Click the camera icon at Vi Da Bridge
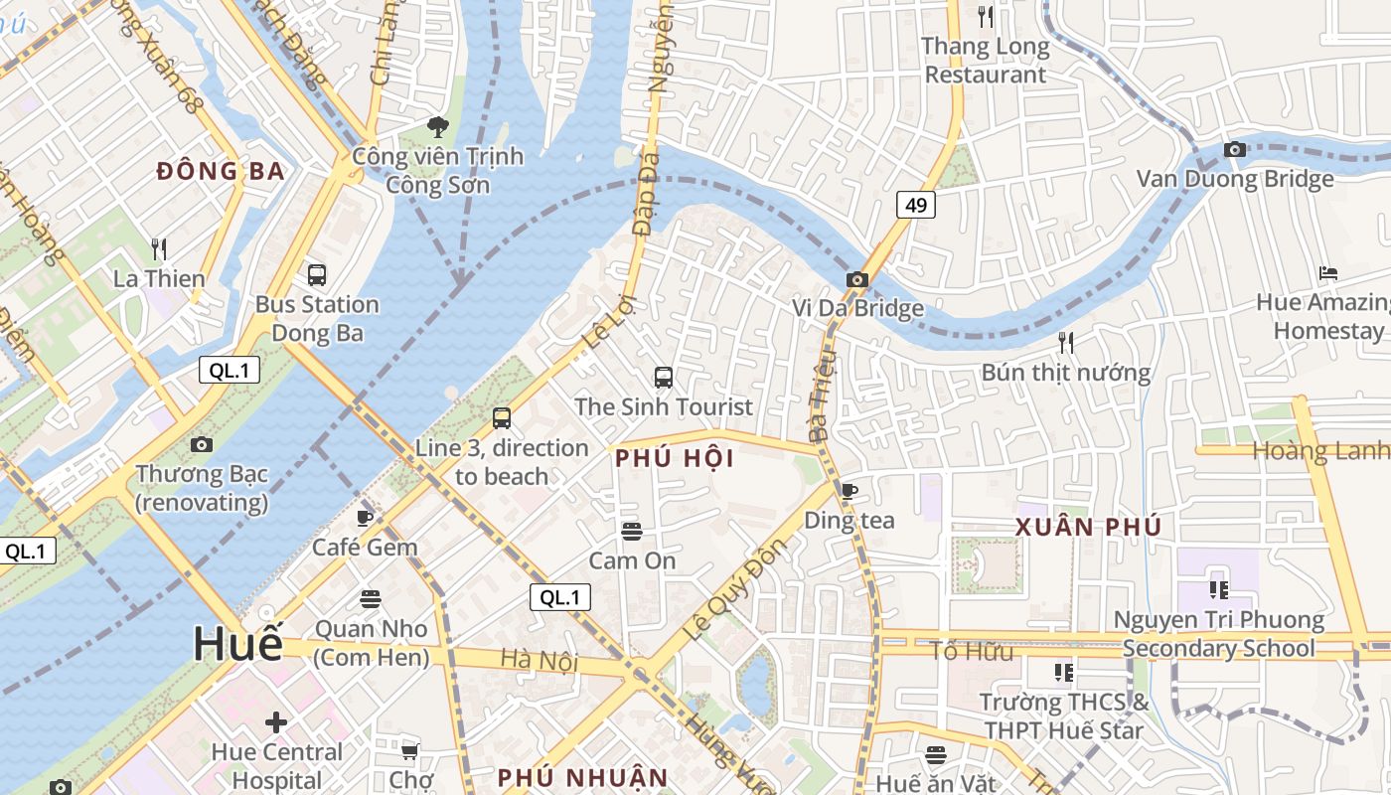[x=856, y=280]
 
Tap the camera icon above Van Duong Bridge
[x=1235, y=150]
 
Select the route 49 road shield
[x=915, y=205]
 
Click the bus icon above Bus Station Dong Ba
[x=317, y=275]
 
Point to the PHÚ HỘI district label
[x=675, y=458]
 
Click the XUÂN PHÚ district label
[x=1088, y=528]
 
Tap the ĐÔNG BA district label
[x=221, y=171]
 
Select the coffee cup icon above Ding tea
[x=849, y=491]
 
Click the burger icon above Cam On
[x=631, y=532]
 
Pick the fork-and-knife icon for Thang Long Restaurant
[x=985, y=16]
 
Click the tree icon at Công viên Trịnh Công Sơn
[x=437, y=126]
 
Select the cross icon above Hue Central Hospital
[x=276, y=722]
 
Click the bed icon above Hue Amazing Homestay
[x=1328, y=273]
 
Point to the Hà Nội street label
[x=540, y=660]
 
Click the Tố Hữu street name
[x=972, y=652]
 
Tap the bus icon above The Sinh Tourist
[x=664, y=378]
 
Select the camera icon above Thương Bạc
[x=202, y=444]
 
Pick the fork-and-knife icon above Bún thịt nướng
[x=1066, y=343]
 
